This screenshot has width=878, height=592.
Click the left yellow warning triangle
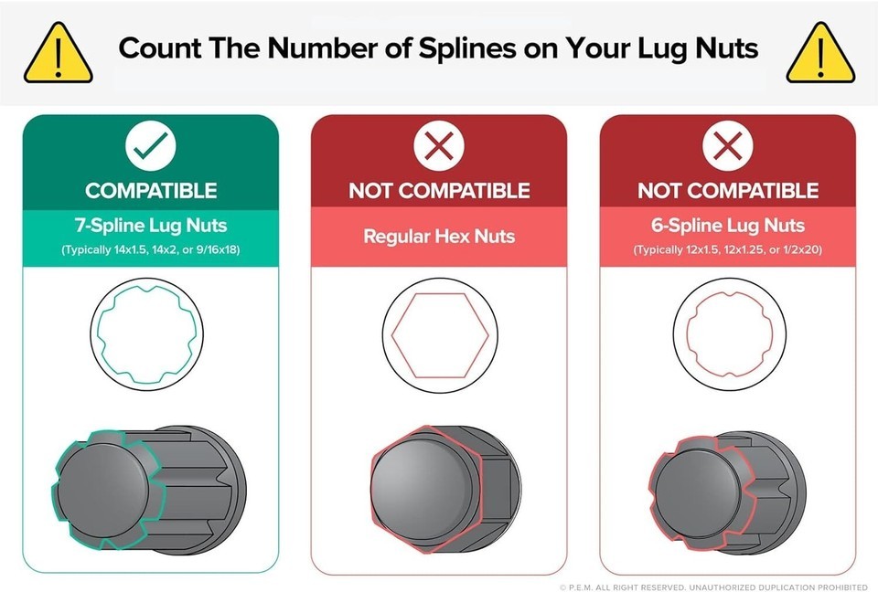click(59, 53)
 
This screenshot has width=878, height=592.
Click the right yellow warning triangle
click(820, 53)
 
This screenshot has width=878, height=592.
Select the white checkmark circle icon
click(151, 145)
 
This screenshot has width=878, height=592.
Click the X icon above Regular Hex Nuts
click(439, 145)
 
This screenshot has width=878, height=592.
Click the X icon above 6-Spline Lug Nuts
click(727, 145)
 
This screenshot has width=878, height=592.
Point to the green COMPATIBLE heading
click(151, 191)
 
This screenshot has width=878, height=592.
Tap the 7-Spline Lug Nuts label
click(151, 226)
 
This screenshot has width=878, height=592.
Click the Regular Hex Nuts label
click(439, 236)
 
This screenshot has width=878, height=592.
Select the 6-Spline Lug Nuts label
click(728, 226)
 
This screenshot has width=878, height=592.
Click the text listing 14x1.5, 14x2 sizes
click(151, 249)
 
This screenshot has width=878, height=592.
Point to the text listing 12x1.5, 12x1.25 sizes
click(728, 249)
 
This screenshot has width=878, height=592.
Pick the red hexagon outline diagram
click(391, 335)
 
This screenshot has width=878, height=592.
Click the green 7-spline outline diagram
click(98, 334)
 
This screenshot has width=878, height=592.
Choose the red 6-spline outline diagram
click(687, 334)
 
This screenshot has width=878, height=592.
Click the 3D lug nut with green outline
click(149, 490)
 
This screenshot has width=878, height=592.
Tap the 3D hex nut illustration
click(445, 490)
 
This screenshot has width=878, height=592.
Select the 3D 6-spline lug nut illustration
click(728, 493)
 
